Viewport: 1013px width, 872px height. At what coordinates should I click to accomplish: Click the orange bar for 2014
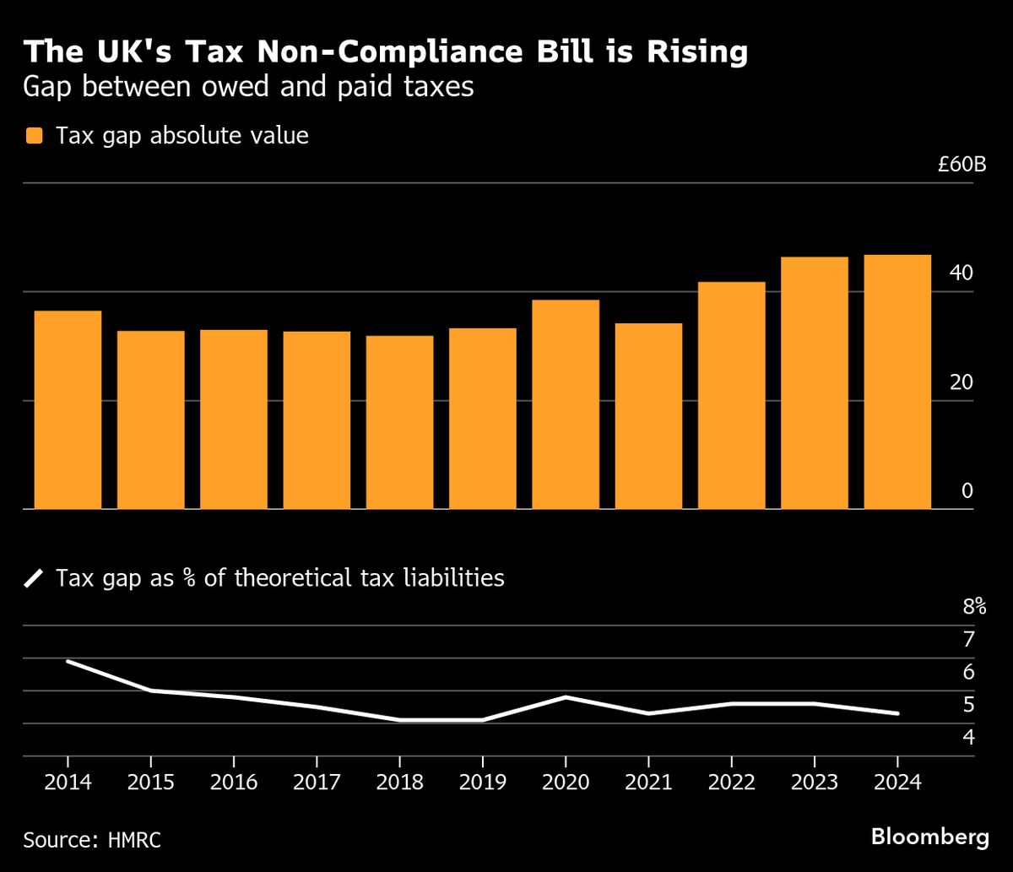click(68, 410)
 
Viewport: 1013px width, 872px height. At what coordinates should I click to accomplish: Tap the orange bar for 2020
click(566, 404)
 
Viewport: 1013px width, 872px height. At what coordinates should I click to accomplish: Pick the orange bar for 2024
click(897, 382)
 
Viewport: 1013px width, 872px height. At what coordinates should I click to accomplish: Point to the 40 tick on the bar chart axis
click(962, 274)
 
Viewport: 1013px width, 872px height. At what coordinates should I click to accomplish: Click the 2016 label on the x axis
click(233, 781)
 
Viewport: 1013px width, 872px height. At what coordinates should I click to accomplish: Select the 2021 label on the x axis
click(648, 781)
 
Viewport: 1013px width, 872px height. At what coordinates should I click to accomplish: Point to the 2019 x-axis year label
click(482, 781)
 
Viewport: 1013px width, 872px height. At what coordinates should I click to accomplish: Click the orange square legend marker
click(35, 136)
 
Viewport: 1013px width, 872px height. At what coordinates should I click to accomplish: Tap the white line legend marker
click(35, 578)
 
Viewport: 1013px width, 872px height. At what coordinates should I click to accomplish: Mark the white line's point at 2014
click(68, 662)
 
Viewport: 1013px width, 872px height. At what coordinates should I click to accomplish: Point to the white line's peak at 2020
click(566, 697)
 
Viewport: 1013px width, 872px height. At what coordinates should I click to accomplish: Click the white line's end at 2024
click(897, 713)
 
